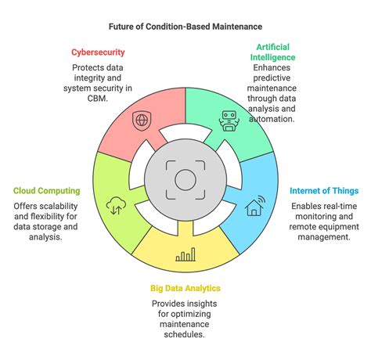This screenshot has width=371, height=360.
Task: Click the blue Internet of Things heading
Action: (324, 190)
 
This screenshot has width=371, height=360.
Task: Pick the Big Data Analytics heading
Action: (185, 287)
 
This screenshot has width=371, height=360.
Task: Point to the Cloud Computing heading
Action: (47, 190)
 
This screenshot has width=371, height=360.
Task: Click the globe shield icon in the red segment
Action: (142, 121)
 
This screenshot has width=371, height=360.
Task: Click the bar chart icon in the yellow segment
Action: (185, 254)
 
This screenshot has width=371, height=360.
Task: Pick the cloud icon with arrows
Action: (116, 206)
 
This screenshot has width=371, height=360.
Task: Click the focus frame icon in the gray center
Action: (185, 179)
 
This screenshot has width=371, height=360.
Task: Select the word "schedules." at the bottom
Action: (185, 335)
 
